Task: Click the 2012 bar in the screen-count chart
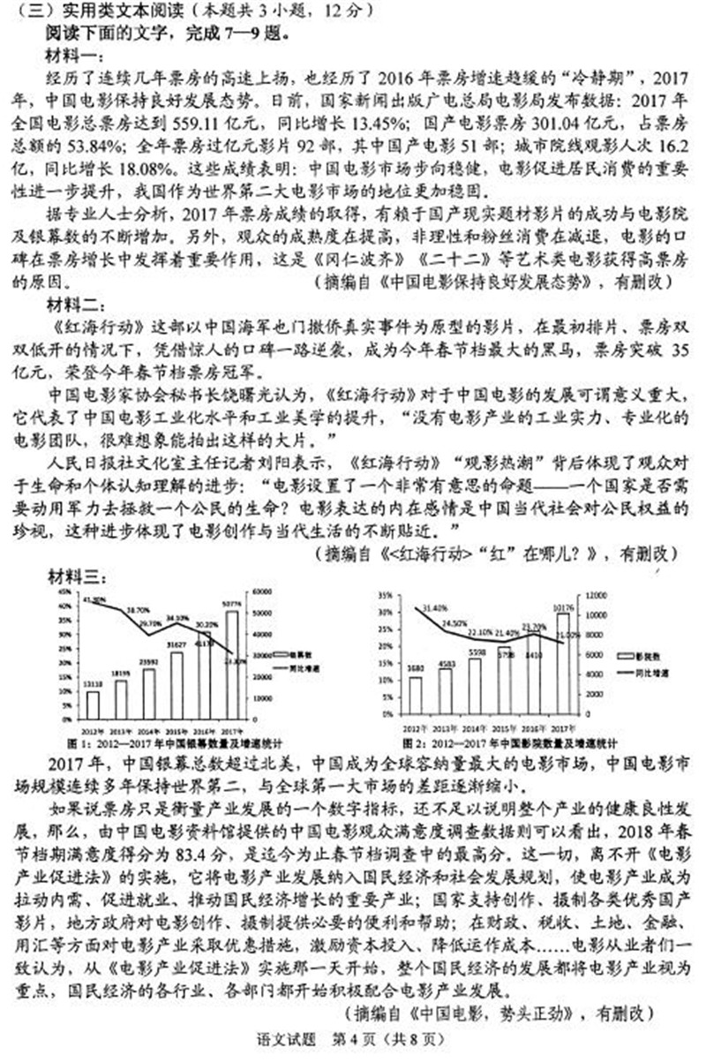[93, 704]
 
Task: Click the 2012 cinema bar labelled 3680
[416, 694]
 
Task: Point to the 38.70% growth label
[137, 610]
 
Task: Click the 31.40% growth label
[436, 608]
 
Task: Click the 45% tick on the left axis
[65, 592]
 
